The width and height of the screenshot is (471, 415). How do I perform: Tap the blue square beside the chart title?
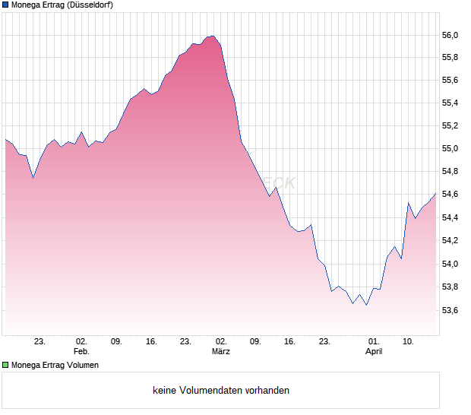coord(5,5)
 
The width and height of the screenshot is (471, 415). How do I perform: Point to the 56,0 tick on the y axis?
coord(450,36)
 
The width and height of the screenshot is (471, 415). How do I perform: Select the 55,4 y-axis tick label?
coord(450,103)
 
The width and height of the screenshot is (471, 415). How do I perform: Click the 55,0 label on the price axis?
coord(450,149)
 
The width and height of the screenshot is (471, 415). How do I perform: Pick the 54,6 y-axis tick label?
coord(450,195)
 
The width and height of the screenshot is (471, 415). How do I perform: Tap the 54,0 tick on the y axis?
coord(450,265)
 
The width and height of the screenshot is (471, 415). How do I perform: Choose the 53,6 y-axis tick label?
coord(450,310)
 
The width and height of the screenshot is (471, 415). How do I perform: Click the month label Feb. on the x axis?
coord(81,352)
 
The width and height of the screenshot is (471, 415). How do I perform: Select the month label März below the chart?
coord(221,352)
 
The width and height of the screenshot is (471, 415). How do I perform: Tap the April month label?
coord(374,352)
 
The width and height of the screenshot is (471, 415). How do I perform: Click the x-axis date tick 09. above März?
coord(256,342)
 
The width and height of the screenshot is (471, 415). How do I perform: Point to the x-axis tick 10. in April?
coord(409,342)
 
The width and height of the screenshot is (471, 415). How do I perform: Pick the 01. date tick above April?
coord(374,342)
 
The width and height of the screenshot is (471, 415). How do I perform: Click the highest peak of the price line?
coord(213,36)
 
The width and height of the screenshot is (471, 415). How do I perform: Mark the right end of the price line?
coord(436,193)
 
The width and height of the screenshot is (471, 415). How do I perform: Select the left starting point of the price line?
coord(5,139)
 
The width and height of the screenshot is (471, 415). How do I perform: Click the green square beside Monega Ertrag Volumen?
coord(5,365)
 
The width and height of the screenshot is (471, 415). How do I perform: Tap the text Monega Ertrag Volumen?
coord(55,365)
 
